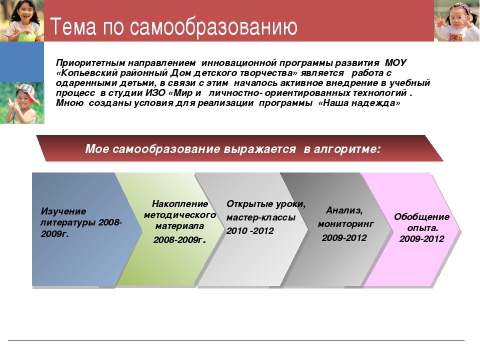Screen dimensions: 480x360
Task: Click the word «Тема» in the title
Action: click(x=73, y=26)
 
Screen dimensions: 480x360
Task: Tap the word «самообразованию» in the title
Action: click(x=213, y=27)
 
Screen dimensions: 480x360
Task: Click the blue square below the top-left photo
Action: click(x=22, y=62)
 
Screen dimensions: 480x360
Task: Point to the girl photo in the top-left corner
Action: click(x=22, y=20)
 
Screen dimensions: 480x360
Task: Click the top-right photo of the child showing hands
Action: click(x=456, y=20)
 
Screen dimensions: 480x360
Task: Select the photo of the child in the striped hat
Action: click(x=22, y=103)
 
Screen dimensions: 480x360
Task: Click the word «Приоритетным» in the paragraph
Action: click(x=90, y=63)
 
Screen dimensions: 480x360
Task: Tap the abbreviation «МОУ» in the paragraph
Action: click(x=395, y=63)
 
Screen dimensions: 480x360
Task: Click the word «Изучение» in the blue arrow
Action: click(x=63, y=211)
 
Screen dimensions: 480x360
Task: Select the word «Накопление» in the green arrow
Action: click(x=179, y=204)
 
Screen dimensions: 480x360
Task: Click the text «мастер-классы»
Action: click(x=261, y=217)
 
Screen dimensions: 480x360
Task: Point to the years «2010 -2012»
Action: click(x=250, y=231)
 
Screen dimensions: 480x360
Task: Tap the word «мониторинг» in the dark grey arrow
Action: click(x=345, y=224)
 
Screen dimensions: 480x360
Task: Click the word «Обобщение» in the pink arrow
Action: click(x=421, y=216)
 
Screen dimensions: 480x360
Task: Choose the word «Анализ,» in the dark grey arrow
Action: click(x=344, y=210)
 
